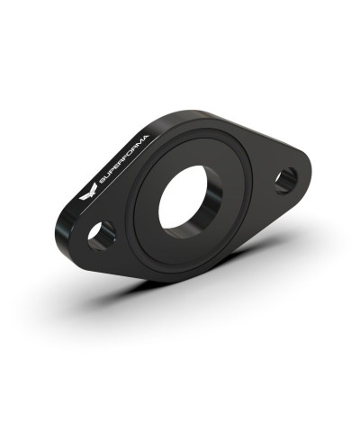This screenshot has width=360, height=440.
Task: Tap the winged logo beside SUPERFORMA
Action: (x=88, y=192)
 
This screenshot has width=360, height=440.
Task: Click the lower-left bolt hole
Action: (x=101, y=236)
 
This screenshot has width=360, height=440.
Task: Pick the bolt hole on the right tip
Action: (x=286, y=180)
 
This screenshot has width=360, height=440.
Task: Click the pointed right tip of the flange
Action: (x=309, y=166)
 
